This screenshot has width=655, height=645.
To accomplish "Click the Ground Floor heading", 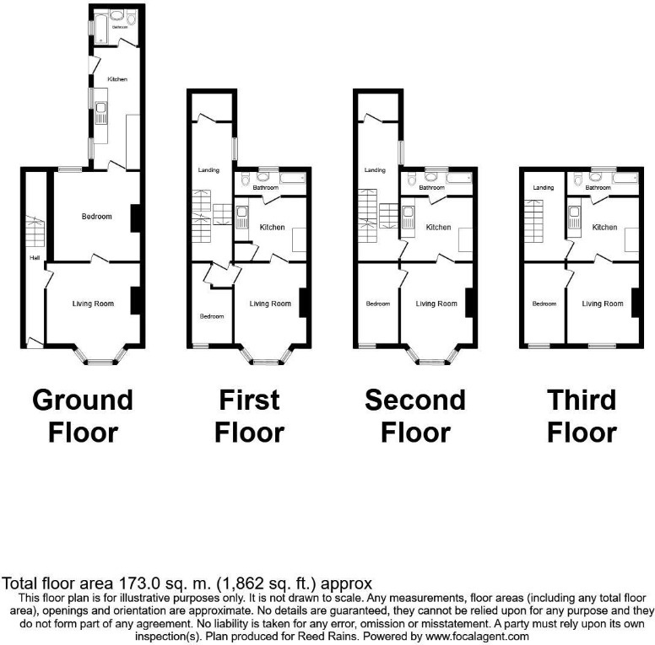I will (83, 416).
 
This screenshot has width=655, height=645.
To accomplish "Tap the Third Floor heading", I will (582, 416).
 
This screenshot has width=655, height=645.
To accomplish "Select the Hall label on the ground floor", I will (35, 257).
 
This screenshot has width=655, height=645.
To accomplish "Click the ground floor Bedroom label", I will (96, 217).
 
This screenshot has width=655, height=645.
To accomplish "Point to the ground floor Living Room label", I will (93, 304).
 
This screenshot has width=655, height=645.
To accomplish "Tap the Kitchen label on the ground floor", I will (117, 79).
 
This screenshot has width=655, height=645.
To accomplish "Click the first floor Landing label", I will (208, 170).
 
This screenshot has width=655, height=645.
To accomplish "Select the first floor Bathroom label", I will (264, 187).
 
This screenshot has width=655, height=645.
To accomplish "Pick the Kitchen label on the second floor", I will (438, 228).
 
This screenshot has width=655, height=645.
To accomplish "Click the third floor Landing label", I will (543, 187).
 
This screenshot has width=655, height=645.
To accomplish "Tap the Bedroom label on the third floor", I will (544, 304).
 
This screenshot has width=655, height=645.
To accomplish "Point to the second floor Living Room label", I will (437, 304).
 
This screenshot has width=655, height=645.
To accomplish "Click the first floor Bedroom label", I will (211, 316).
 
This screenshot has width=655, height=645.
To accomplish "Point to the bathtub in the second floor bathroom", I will (460, 178).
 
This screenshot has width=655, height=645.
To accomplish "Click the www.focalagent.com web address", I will (475, 637).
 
